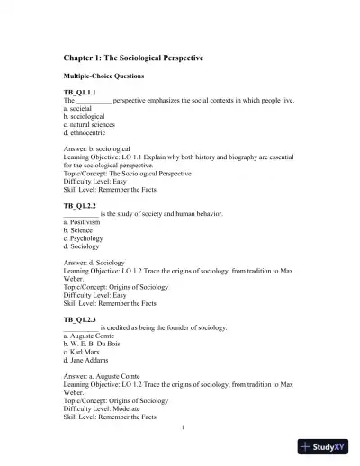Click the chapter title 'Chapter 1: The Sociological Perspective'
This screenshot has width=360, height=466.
pos(133,58)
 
